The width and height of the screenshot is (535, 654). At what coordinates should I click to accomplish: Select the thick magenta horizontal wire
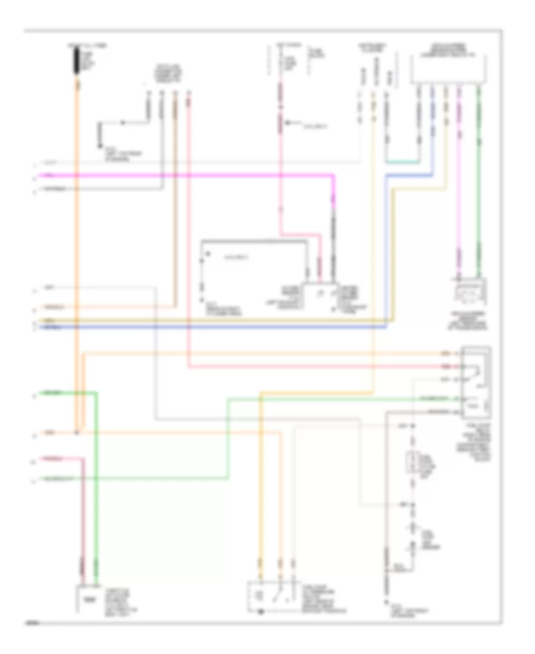178,175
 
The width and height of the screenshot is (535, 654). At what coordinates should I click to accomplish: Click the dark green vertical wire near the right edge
479,178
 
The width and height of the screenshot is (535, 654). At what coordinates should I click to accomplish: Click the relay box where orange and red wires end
476,381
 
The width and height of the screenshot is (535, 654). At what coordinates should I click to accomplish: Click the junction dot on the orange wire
77,432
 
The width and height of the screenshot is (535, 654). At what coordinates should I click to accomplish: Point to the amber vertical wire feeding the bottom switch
260,476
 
